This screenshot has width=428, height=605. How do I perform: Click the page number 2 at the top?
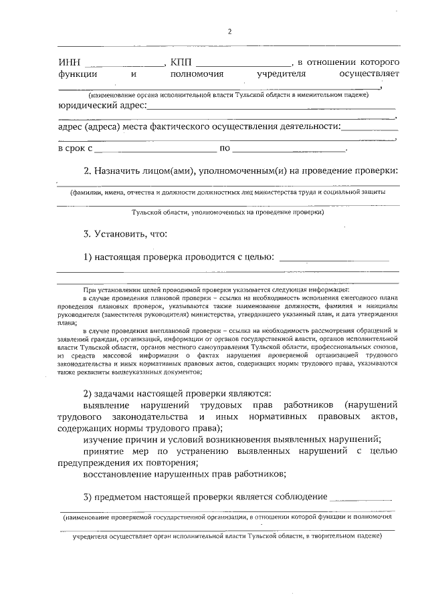tap(229, 31)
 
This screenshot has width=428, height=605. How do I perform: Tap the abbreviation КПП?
tap(180, 62)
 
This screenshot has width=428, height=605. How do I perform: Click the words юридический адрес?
tap(101, 105)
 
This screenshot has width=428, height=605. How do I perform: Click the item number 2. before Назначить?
tap(88, 170)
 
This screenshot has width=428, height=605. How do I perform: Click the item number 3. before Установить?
tap(88, 234)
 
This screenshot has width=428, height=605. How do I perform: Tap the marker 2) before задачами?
tap(88, 394)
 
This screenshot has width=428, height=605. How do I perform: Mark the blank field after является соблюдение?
tap(360, 499)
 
